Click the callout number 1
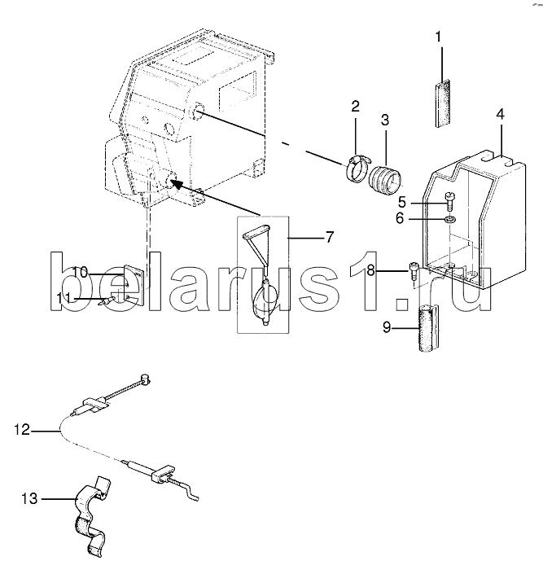[x=438, y=37]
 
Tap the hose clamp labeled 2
[x=358, y=168]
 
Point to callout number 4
[x=500, y=115]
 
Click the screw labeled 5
[x=450, y=201]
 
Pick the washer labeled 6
[x=450, y=220]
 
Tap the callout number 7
[x=330, y=237]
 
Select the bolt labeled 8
[x=413, y=271]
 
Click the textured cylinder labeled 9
[x=429, y=328]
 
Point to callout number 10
[x=80, y=273]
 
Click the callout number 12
[x=22, y=430]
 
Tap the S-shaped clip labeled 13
[x=90, y=512]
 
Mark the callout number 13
[x=29, y=498]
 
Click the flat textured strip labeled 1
[x=443, y=103]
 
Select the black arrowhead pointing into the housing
[x=177, y=183]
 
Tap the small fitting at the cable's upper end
[x=146, y=379]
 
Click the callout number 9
[x=387, y=327]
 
